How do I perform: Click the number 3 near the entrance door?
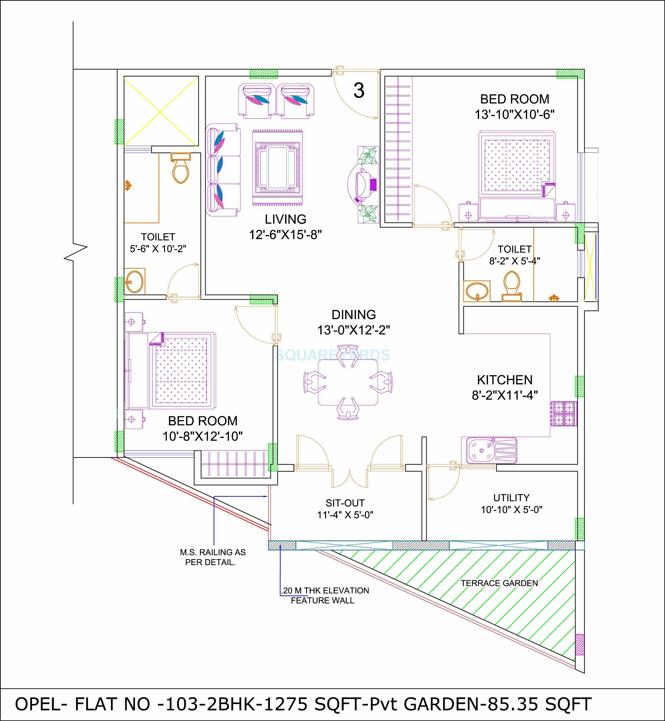[359, 91]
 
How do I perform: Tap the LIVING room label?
[285, 219]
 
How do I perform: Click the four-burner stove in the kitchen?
[563, 414]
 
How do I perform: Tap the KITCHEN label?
[505, 380]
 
